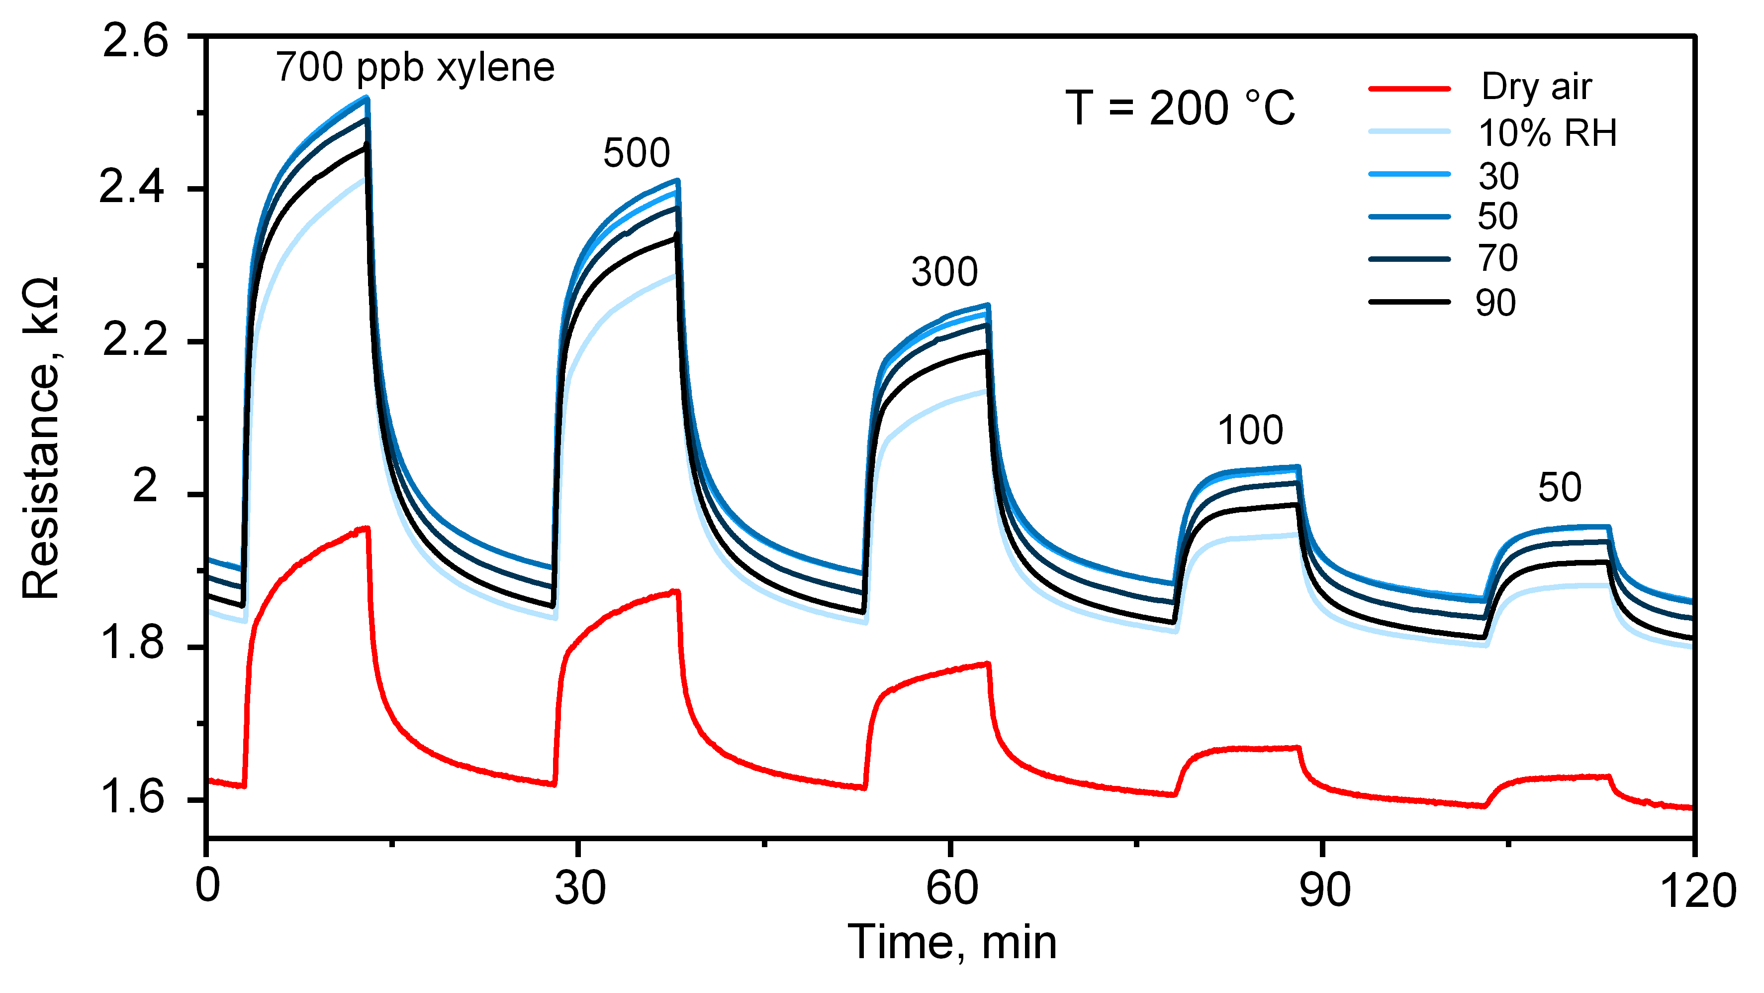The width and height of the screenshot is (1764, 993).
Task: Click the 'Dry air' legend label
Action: click(x=1536, y=87)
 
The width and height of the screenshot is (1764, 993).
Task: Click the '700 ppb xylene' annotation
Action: click(x=415, y=68)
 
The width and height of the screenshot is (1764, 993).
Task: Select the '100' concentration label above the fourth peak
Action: click(x=1250, y=431)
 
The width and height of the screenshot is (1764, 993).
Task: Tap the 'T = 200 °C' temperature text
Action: click(x=1180, y=109)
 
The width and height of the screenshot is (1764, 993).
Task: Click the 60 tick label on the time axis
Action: click(x=952, y=889)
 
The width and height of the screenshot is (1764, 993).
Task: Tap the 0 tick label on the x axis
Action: click(x=207, y=885)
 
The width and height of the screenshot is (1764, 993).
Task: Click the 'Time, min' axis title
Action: click(x=952, y=942)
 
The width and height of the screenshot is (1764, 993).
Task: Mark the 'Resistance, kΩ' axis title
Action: click(x=41, y=439)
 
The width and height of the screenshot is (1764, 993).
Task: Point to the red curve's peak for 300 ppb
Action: click(x=986, y=663)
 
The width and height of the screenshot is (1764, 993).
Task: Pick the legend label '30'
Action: click(x=1498, y=176)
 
